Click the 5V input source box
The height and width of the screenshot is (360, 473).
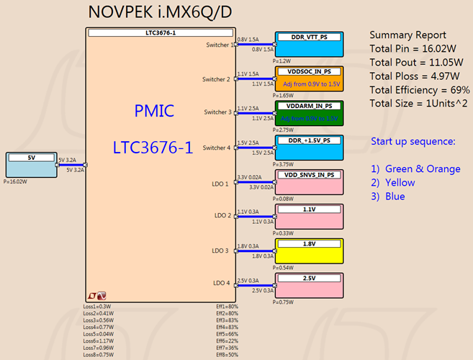tap(31, 165)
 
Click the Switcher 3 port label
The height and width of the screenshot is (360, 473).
tap(217, 112)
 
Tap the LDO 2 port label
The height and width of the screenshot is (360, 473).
tap(221, 215)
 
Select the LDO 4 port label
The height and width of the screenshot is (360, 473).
tap(221, 284)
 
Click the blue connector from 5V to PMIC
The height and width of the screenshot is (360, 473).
tap(71, 165)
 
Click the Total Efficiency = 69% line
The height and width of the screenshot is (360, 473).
tap(420, 90)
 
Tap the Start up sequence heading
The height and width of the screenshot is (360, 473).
tap(413, 141)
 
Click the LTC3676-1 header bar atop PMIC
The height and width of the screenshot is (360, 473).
tap(161, 33)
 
